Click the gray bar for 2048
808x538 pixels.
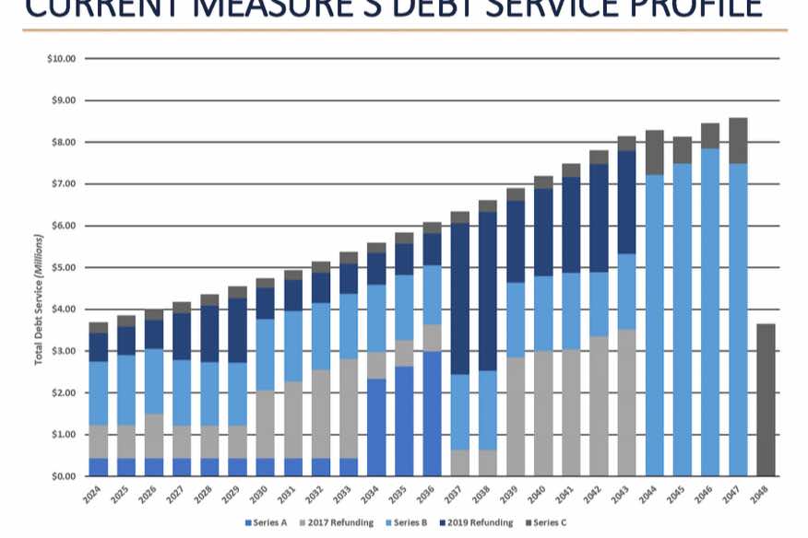(x=764, y=400)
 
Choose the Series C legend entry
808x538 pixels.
(x=550, y=523)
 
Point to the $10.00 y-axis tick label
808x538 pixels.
(x=61, y=58)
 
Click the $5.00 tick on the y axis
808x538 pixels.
(x=63, y=267)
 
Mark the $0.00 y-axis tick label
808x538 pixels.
(x=63, y=476)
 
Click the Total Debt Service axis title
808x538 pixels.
(x=39, y=298)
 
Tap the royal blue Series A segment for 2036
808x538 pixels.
(x=432, y=414)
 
